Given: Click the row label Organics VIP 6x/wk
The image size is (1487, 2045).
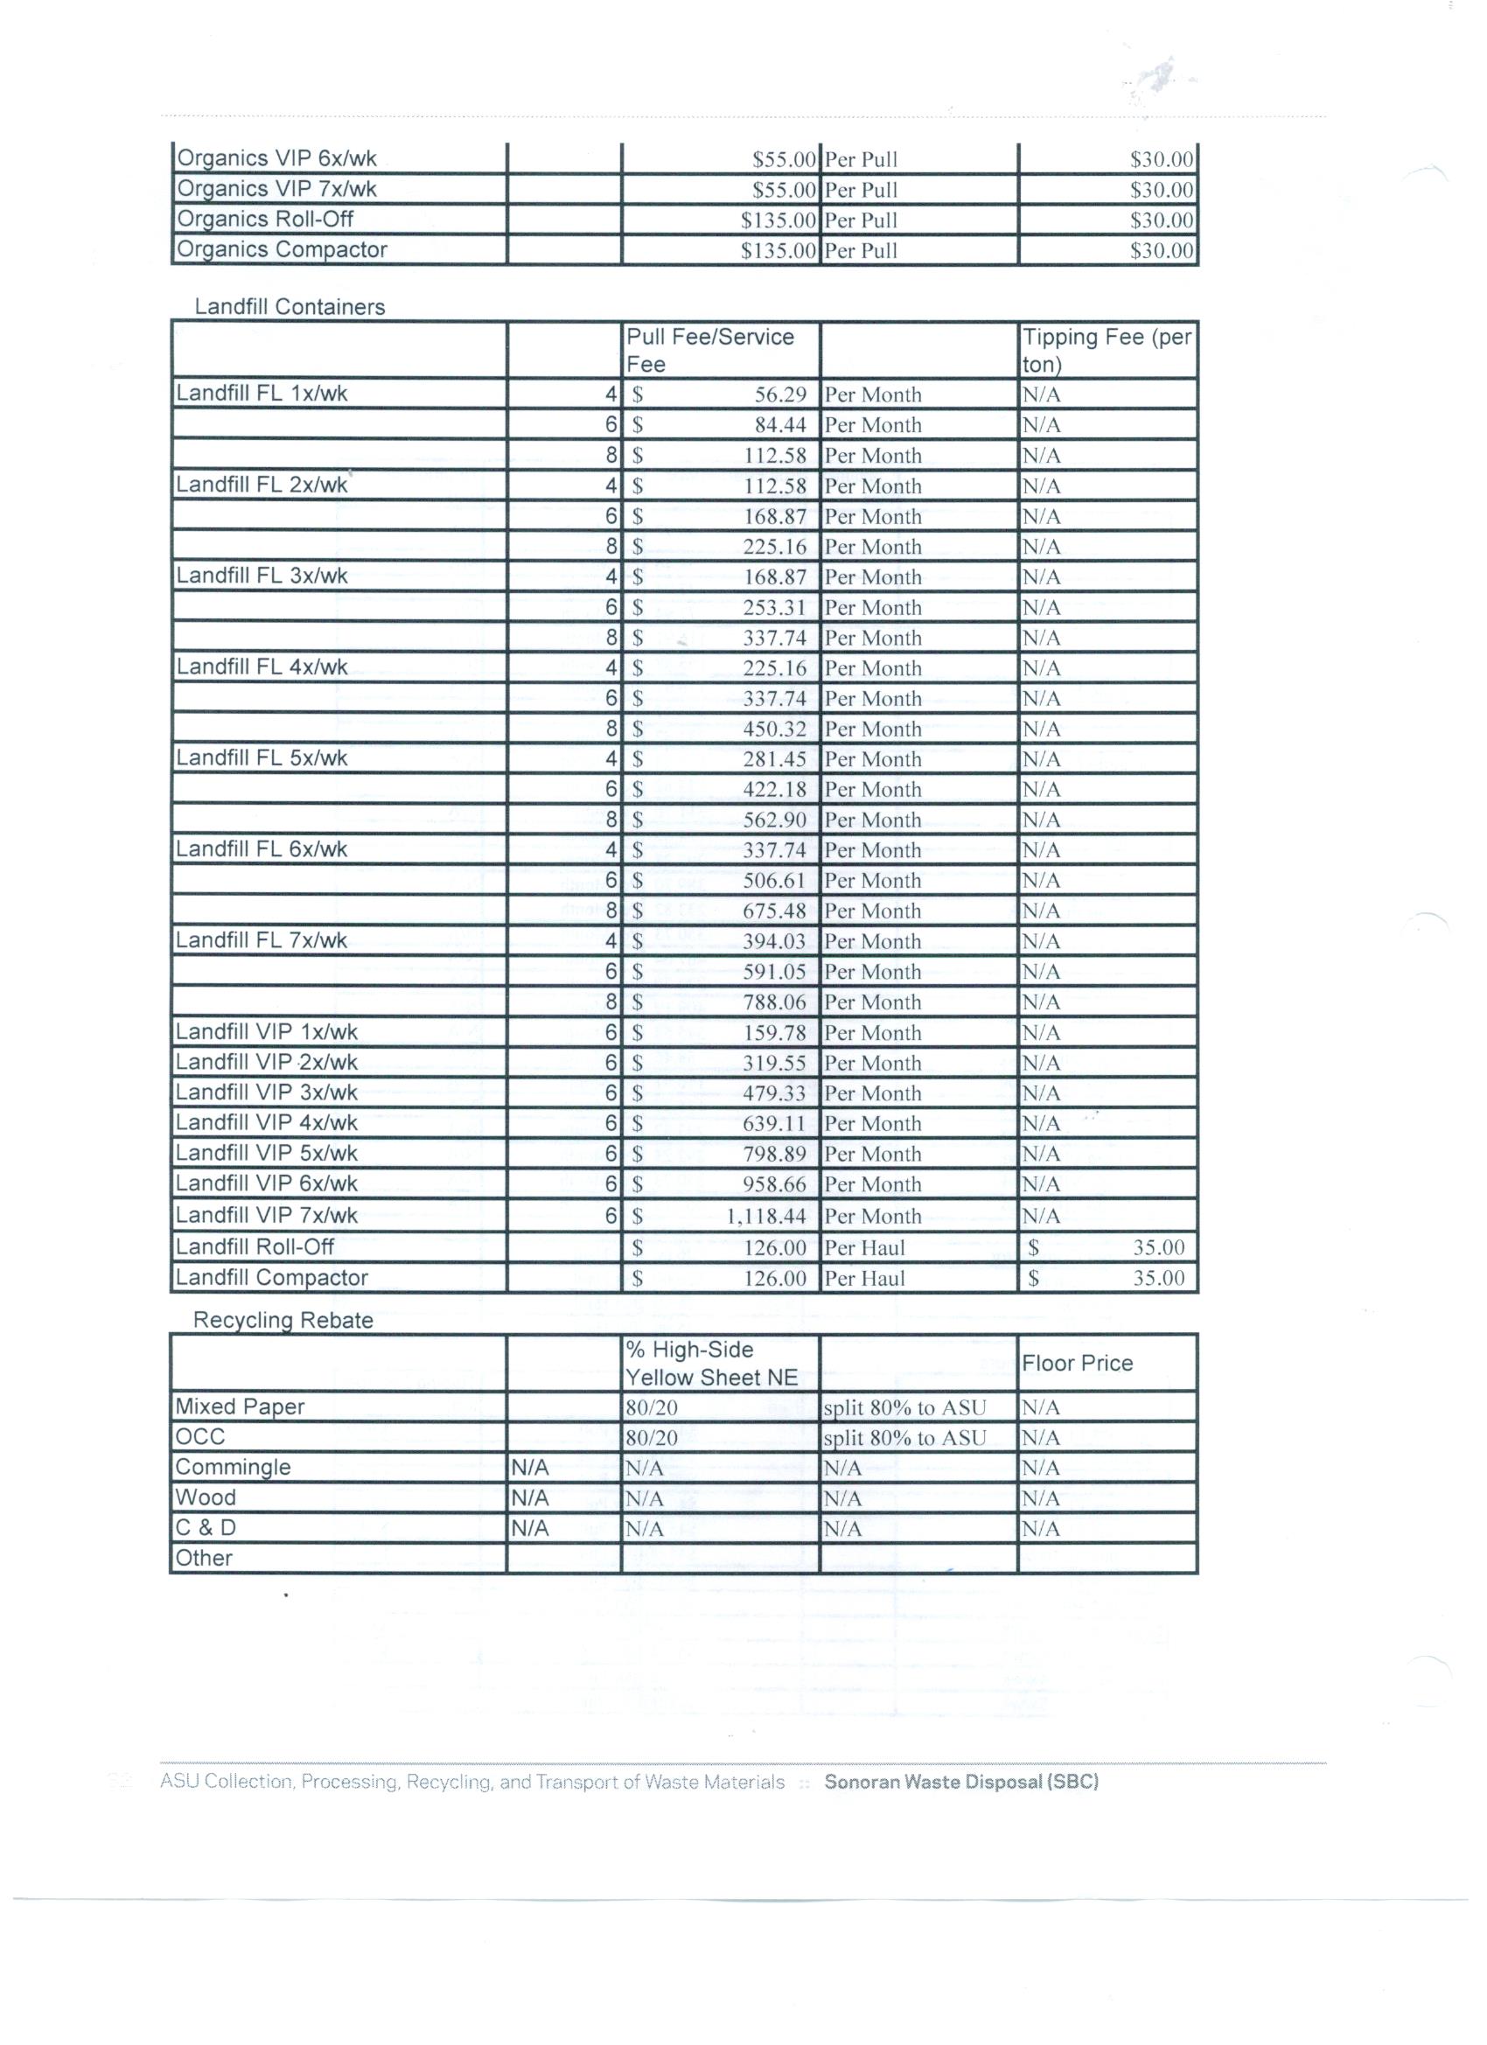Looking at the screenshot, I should (x=276, y=158).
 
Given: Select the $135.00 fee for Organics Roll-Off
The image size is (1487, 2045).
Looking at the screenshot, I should (x=778, y=220).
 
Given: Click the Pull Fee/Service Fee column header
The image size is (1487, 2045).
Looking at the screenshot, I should (x=710, y=350).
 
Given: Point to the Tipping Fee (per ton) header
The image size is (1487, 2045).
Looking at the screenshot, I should (x=1107, y=350).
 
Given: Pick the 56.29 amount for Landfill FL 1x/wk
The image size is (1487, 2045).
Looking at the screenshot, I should (x=780, y=395).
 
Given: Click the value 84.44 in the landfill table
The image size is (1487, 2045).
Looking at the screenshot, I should (x=780, y=426).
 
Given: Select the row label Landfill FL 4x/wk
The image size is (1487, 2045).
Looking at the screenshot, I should (x=262, y=667).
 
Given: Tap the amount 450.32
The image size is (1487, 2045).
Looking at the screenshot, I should (x=774, y=729).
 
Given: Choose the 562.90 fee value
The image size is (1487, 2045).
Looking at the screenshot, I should (x=774, y=820).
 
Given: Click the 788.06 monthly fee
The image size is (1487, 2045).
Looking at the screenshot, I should (x=774, y=1002).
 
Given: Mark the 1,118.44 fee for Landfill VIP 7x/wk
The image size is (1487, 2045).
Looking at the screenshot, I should (x=765, y=1218).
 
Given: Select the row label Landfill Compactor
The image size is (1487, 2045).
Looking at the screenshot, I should (x=271, y=1278).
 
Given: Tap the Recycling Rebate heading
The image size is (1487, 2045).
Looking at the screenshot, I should (x=283, y=1321).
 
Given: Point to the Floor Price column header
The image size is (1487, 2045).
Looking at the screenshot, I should (x=1077, y=1364).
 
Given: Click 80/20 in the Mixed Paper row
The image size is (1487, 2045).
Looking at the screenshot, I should (x=651, y=1407).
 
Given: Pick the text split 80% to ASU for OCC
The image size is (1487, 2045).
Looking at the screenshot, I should (x=904, y=1438).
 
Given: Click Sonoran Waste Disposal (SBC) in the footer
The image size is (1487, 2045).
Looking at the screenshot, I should (x=960, y=1782).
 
